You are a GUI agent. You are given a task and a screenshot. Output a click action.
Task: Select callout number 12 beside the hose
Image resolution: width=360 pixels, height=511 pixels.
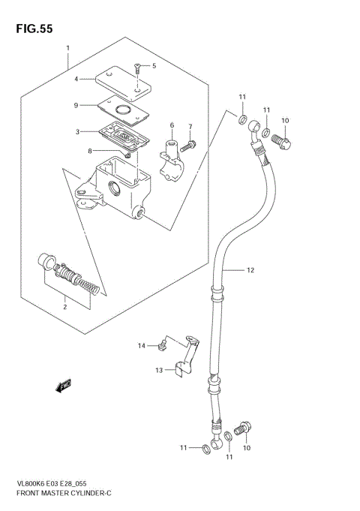[x=250, y=269]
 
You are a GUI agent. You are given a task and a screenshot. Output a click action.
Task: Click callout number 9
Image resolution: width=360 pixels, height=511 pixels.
[x=76, y=104]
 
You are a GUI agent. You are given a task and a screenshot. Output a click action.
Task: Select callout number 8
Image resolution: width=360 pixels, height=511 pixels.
[x=88, y=151]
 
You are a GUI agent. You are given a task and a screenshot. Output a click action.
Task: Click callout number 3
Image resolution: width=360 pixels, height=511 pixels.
[x=76, y=131]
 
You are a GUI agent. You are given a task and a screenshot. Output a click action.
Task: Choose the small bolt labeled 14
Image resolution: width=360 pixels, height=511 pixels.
[x=160, y=345]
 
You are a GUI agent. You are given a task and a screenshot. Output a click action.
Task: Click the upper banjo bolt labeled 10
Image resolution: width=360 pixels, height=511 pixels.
[x=281, y=139]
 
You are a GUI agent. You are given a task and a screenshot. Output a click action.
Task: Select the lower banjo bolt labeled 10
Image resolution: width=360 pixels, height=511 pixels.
[x=241, y=428]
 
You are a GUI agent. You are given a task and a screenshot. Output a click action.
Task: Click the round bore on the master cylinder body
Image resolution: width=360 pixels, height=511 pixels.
[x=116, y=188]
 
